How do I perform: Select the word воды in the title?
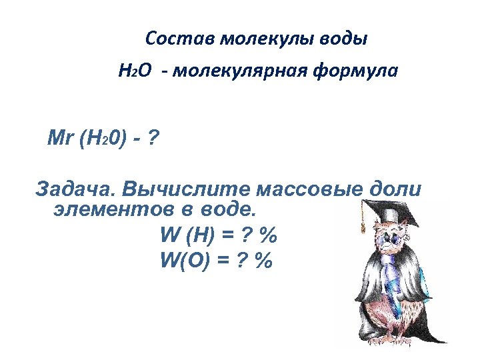coord(343,39)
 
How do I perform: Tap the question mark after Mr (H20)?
coord(153,139)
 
